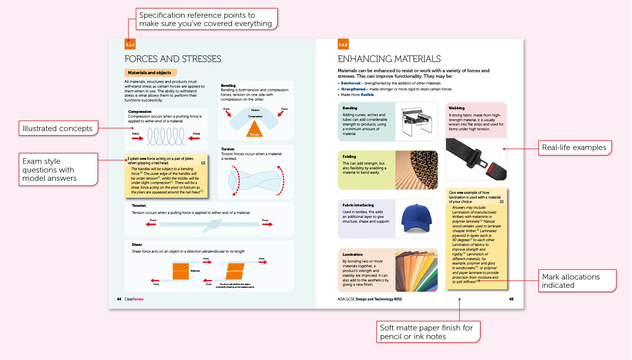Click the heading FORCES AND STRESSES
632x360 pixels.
173,59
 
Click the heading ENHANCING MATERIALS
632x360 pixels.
389,59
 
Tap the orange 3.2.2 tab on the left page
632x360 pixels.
130,45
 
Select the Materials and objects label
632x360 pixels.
150,73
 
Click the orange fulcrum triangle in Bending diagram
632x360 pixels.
254,129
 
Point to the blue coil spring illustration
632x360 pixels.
166,137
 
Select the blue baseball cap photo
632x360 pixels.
416,219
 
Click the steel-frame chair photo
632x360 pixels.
417,122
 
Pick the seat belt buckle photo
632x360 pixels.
476,159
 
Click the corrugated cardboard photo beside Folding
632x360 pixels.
416,170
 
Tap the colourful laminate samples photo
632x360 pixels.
416,270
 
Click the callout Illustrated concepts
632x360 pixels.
58,128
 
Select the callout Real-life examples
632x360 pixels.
574,148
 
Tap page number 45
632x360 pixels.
511,299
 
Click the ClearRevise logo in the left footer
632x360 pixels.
134,299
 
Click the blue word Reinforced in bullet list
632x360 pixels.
350,83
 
